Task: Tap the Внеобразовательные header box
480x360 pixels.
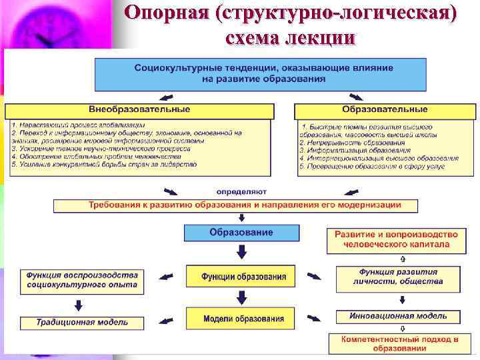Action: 139,110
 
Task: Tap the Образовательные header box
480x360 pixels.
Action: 385,110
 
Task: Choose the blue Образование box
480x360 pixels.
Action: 241,233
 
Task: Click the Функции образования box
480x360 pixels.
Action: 241,277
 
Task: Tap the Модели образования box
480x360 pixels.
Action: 241,319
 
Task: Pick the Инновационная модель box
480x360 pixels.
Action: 398,317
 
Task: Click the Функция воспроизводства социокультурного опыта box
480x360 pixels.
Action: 82,279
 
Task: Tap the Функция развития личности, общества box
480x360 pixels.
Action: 398,277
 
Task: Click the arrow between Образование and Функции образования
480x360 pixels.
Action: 241,252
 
